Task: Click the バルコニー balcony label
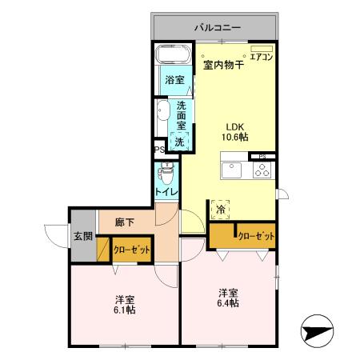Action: [216, 28]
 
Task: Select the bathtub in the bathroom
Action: [171, 56]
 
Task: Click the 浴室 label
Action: [174, 80]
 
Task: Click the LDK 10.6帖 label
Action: [234, 131]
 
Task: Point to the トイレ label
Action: [166, 193]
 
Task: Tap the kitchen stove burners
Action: [263, 170]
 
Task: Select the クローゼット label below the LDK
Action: [256, 237]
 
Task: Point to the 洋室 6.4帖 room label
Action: [230, 298]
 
